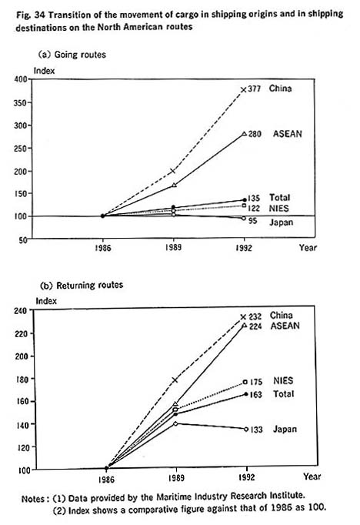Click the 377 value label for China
[254, 89]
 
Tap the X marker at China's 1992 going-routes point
[244, 90]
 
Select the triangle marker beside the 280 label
[245, 134]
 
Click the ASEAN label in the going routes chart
[288, 134]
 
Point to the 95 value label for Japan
[252, 221]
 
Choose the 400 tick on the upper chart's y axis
[21, 79]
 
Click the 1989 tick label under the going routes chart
[173, 247]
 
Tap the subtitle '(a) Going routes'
[72, 55]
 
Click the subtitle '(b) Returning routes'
[82, 286]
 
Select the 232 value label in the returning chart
[255, 316]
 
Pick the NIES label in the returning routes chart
[283, 381]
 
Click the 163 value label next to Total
[255, 395]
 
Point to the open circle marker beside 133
[246, 429]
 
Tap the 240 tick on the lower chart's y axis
[21, 310]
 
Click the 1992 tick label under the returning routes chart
[247, 477]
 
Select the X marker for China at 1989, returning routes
[175, 380]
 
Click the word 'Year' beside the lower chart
[312, 477]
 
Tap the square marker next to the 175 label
[245, 382]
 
